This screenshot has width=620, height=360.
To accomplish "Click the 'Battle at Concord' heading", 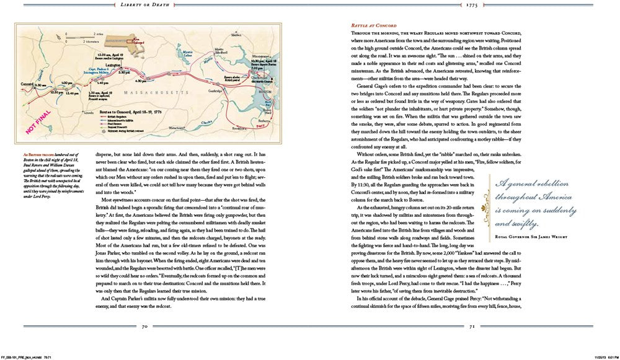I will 373,25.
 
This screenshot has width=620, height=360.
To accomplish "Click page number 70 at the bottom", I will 144,326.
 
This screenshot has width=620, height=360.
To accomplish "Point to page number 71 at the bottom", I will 471,326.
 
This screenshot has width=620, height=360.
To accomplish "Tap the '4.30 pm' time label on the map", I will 141,81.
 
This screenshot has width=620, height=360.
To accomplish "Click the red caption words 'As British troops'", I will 36,151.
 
